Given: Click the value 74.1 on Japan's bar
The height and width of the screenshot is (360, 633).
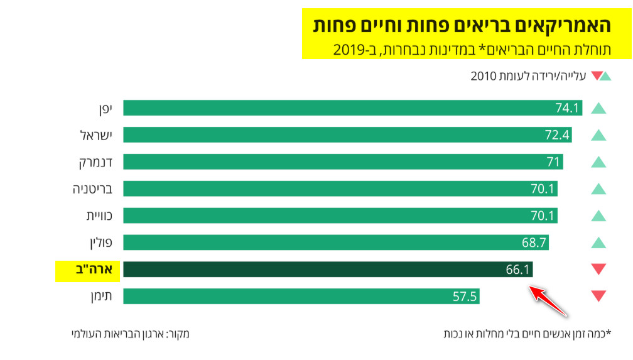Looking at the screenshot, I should coord(566,108).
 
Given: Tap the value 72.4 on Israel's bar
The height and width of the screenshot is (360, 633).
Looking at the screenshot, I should coord(557,135).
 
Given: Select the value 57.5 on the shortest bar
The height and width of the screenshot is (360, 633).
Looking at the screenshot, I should coord(465,297).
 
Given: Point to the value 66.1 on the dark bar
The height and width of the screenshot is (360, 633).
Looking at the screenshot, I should coord(519,270).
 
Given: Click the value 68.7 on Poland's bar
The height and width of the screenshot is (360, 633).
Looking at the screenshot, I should coord(534,243).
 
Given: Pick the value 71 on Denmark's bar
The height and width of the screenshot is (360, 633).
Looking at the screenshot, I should coord(553,162).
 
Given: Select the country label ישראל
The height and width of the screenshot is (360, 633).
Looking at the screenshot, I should coord(96,135).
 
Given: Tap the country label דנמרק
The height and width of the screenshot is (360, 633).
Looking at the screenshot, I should coord(95,162).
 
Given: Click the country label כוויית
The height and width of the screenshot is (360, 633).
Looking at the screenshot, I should coord(99,215).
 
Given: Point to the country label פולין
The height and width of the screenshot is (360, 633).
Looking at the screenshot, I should coord(100,243).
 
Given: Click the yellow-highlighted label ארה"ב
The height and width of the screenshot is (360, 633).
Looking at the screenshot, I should coord(87,270).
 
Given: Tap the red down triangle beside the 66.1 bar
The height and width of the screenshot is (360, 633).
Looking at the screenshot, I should coord(598,269).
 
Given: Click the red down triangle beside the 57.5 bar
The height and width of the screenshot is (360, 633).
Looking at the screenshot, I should coord(598,295).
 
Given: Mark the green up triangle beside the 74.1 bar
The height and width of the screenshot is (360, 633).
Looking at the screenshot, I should coord(598,108).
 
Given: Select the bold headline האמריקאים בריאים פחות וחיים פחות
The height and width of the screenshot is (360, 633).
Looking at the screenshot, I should coord(462,26).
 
